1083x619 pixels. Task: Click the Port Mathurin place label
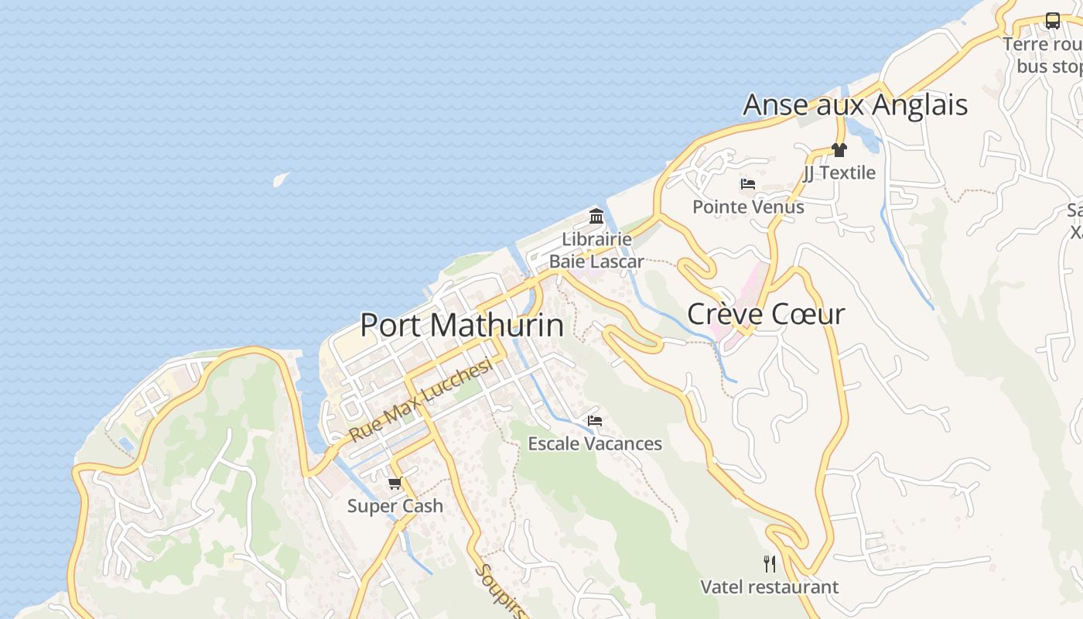click(x=462, y=325)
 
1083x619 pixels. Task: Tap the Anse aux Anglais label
click(x=855, y=104)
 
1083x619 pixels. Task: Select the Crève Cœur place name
click(x=766, y=314)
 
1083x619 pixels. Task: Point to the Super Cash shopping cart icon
click(x=395, y=484)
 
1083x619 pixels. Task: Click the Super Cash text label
click(x=395, y=506)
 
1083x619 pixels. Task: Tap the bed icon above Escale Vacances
click(x=595, y=421)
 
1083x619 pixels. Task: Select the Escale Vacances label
click(x=595, y=443)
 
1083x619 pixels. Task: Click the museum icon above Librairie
click(x=596, y=216)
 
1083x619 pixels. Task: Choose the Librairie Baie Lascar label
click(x=596, y=250)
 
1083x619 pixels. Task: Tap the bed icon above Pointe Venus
click(x=748, y=184)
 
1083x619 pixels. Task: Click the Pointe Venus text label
click(x=748, y=207)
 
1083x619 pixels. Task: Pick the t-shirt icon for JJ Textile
click(x=839, y=150)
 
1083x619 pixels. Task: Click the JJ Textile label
click(x=839, y=173)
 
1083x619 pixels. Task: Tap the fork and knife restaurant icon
click(x=769, y=563)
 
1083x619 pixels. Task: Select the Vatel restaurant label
click(x=769, y=587)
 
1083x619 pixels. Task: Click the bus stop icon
click(x=1053, y=21)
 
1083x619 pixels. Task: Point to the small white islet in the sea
click(x=280, y=180)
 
